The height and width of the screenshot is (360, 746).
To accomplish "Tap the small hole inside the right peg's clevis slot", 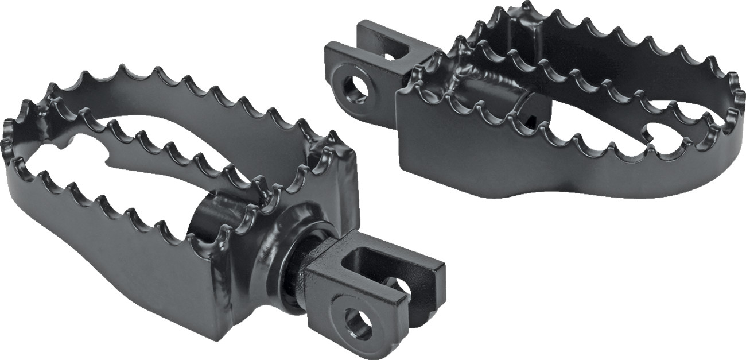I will tap(392, 55).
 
